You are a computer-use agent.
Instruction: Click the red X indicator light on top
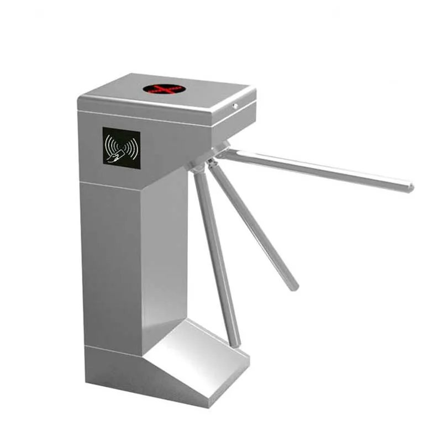(163, 88)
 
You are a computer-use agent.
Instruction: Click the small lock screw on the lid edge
(235, 105)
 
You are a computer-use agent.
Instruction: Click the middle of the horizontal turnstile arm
(315, 170)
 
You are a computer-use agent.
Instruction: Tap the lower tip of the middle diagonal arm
(294, 287)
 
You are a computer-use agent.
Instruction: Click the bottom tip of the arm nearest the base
(236, 343)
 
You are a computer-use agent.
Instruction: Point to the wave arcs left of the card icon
(109, 145)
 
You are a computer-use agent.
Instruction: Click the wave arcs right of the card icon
(132, 147)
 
